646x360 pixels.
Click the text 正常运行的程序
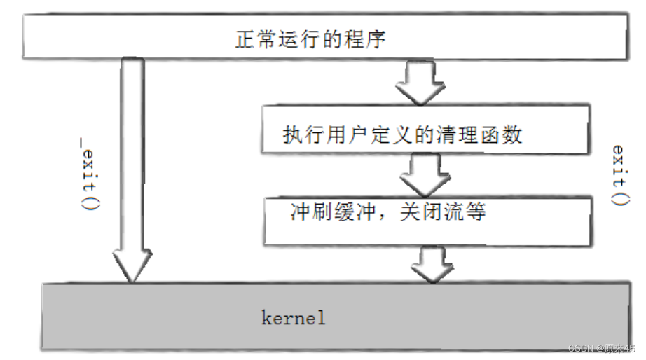point(310,39)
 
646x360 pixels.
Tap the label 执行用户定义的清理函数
point(402,134)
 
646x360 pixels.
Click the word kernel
point(294,318)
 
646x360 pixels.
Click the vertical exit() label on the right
point(619,175)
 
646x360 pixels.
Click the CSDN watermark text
point(600,348)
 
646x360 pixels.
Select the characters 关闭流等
point(452,212)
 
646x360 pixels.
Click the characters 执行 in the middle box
point(295,134)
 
